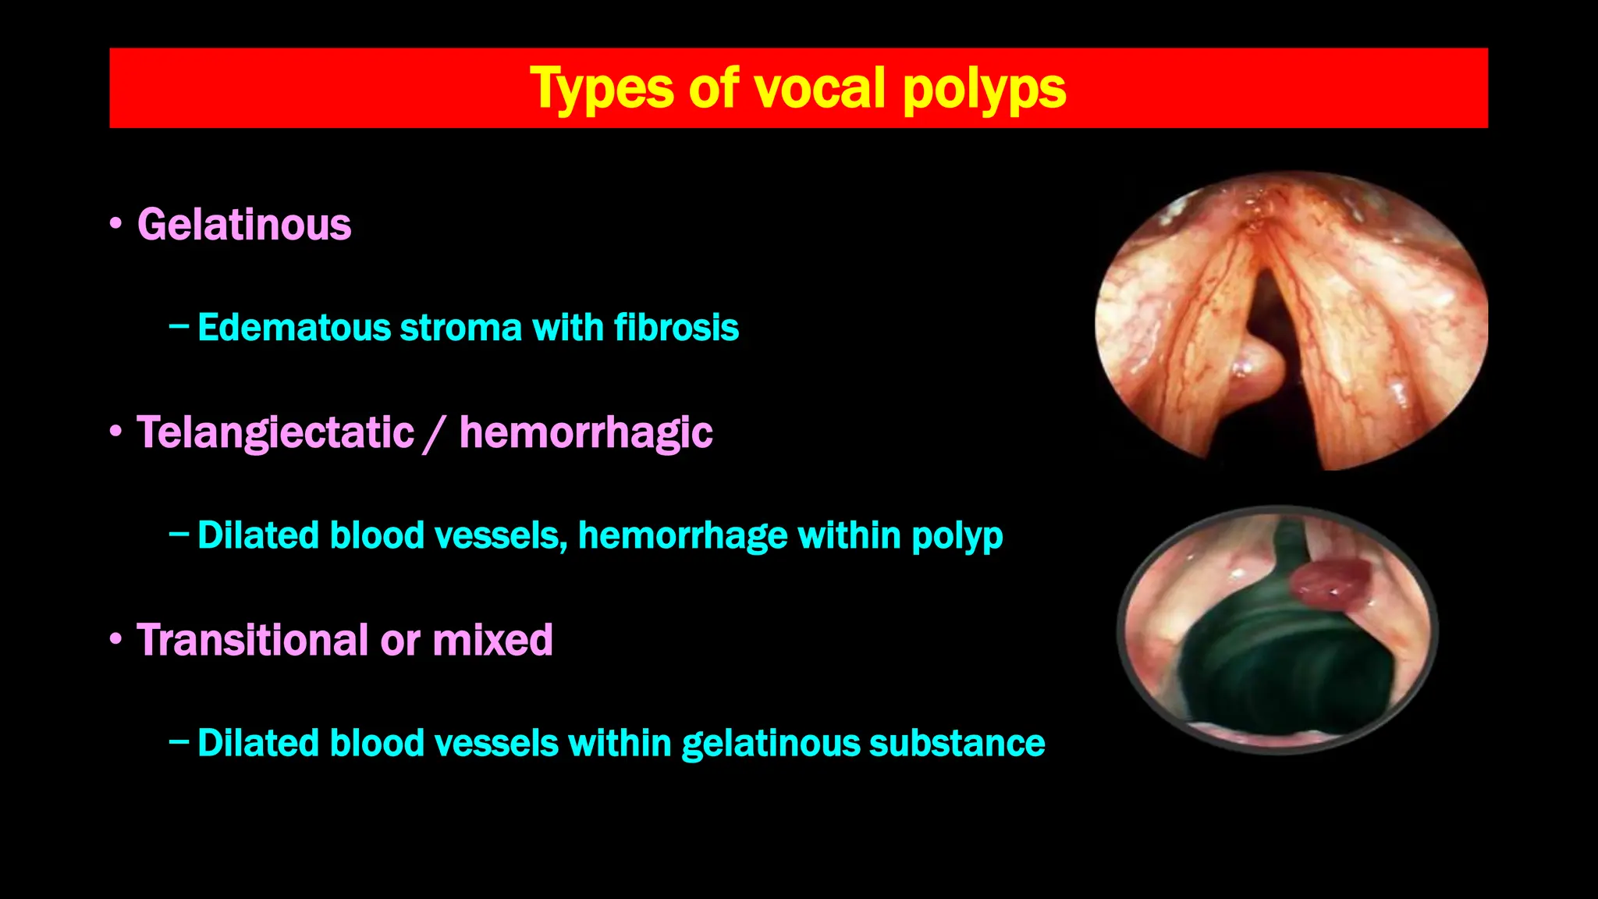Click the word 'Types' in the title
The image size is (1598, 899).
[601, 89]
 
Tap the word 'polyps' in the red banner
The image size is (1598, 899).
[984, 89]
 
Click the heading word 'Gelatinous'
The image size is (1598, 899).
[244, 225]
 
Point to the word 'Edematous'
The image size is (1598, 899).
[293, 328]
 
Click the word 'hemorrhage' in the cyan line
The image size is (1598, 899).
[683, 536]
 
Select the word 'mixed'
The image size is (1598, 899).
[492, 640]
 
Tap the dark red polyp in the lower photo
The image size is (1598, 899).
[1330, 584]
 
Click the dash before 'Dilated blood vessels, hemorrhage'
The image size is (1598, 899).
[178, 535]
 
